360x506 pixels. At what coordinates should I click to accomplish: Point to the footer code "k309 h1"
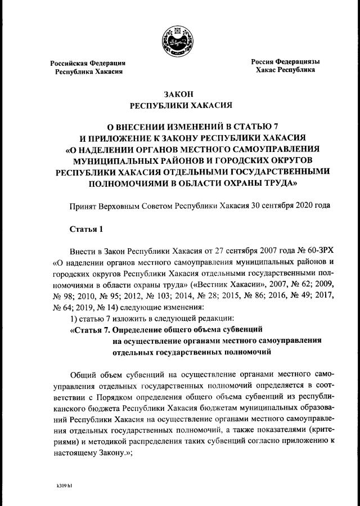(64, 483)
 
